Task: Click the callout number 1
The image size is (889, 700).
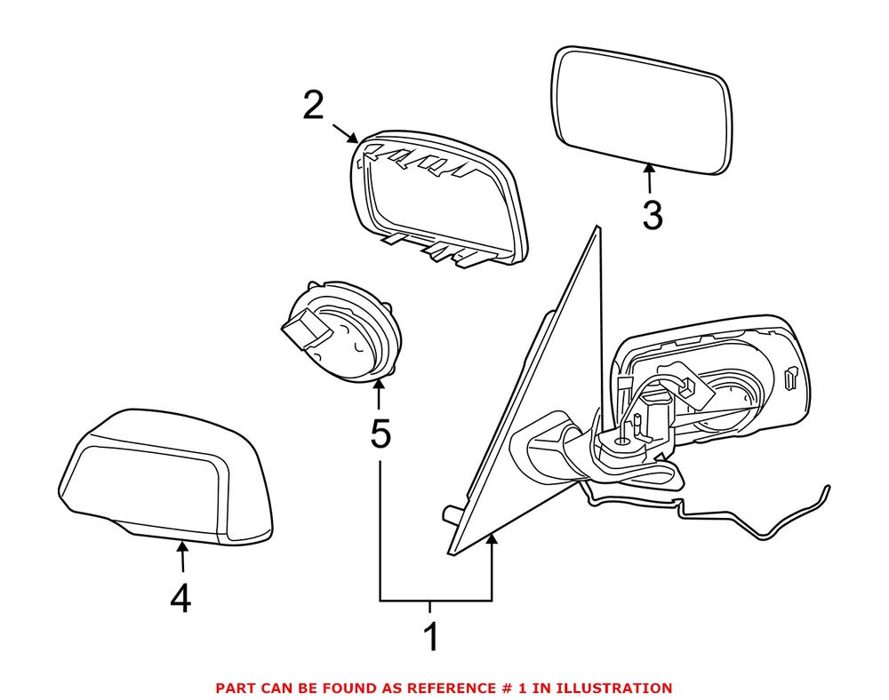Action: pos(431,638)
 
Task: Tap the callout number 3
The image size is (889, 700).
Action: pos(652,215)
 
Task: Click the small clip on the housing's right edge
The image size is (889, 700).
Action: pos(790,380)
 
